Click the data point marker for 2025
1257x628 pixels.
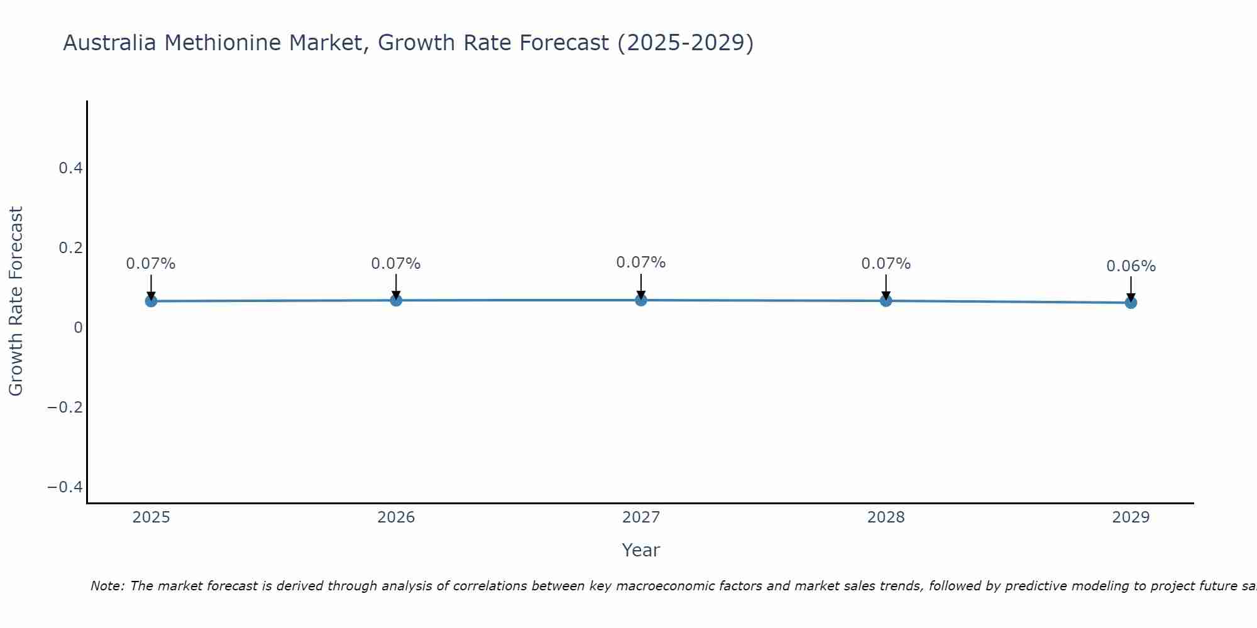[151, 301]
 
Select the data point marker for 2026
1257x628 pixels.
[396, 300]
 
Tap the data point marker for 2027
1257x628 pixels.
[641, 300]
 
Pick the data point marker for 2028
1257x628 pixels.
[886, 300]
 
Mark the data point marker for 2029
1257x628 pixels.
[1131, 303]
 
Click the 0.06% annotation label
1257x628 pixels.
[1131, 266]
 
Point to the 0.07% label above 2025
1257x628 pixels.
[151, 264]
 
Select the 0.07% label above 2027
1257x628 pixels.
[641, 263]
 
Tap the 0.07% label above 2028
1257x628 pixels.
[886, 264]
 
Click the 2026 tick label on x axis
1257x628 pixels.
[396, 517]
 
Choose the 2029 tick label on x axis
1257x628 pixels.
[1131, 517]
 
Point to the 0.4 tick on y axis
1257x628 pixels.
[70, 168]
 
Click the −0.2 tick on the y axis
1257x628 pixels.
[65, 408]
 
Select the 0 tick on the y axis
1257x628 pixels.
[78, 328]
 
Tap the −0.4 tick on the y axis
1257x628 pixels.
[65, 487]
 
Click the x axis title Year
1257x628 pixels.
[640, 551]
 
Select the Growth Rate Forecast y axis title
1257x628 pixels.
[16, 301]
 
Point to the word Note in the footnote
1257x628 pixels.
[107, 587]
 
